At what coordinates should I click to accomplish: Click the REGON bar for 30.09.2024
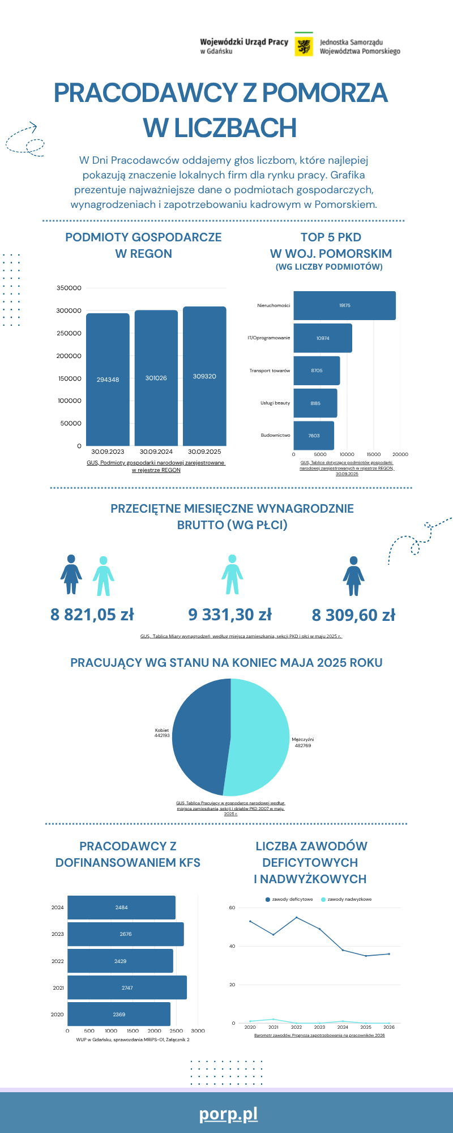click(156, 378)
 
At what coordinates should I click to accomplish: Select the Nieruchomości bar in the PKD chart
click(344, 305)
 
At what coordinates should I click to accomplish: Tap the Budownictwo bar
click(314, 436)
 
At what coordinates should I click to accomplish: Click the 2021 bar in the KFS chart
click(127, 987)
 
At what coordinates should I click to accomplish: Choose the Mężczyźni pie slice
click(260, 736)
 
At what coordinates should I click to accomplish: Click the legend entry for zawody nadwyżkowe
click(346, 899)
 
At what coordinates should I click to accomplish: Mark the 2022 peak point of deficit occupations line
click(296, 917)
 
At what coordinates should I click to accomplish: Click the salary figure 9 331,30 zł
click(230, 614)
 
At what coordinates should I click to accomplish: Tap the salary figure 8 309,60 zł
click(353, 615)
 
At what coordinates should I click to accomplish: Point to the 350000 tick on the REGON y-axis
click(69, 288)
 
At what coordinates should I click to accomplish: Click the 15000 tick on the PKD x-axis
click(374, 454)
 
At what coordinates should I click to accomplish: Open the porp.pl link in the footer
click(228, 1114)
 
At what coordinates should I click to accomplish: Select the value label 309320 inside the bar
click(204, 376)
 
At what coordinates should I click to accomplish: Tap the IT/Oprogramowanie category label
click(268, 338)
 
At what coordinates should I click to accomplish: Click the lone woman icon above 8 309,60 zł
click(353, 576)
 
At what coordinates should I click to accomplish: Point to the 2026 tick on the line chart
click(389, 1026)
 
